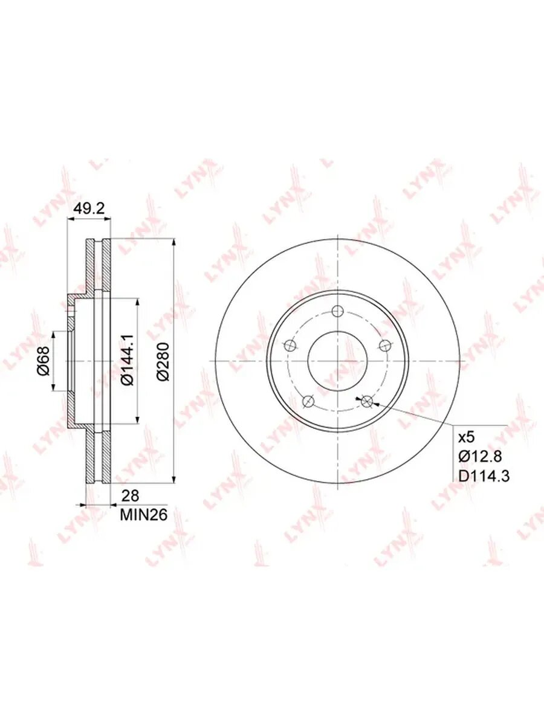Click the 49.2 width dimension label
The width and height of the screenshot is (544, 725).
pyautogui.click(x=89, y=208)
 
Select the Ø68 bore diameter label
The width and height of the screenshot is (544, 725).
pyautogui.click(x=42, y=361)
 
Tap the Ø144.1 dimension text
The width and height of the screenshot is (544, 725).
pyautogui.click(x=126, y=361)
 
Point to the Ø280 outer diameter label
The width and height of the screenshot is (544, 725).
pyautogui.click(x=162, y=361)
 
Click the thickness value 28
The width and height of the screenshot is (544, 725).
pyautogui.click(x=130, y=496)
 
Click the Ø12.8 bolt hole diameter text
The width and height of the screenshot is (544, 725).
pyautogui.click(x=480, y=456)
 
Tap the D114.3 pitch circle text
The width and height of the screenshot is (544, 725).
pyautogui.click(x=484, y=475)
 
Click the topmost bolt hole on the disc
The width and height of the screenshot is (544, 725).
pyautogui.click(x=338, y=312)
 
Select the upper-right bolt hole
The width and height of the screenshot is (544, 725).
pyautogui.click(x=384, y=346)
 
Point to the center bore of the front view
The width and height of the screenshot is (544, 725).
pyautogui.click(x=337, y=361)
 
